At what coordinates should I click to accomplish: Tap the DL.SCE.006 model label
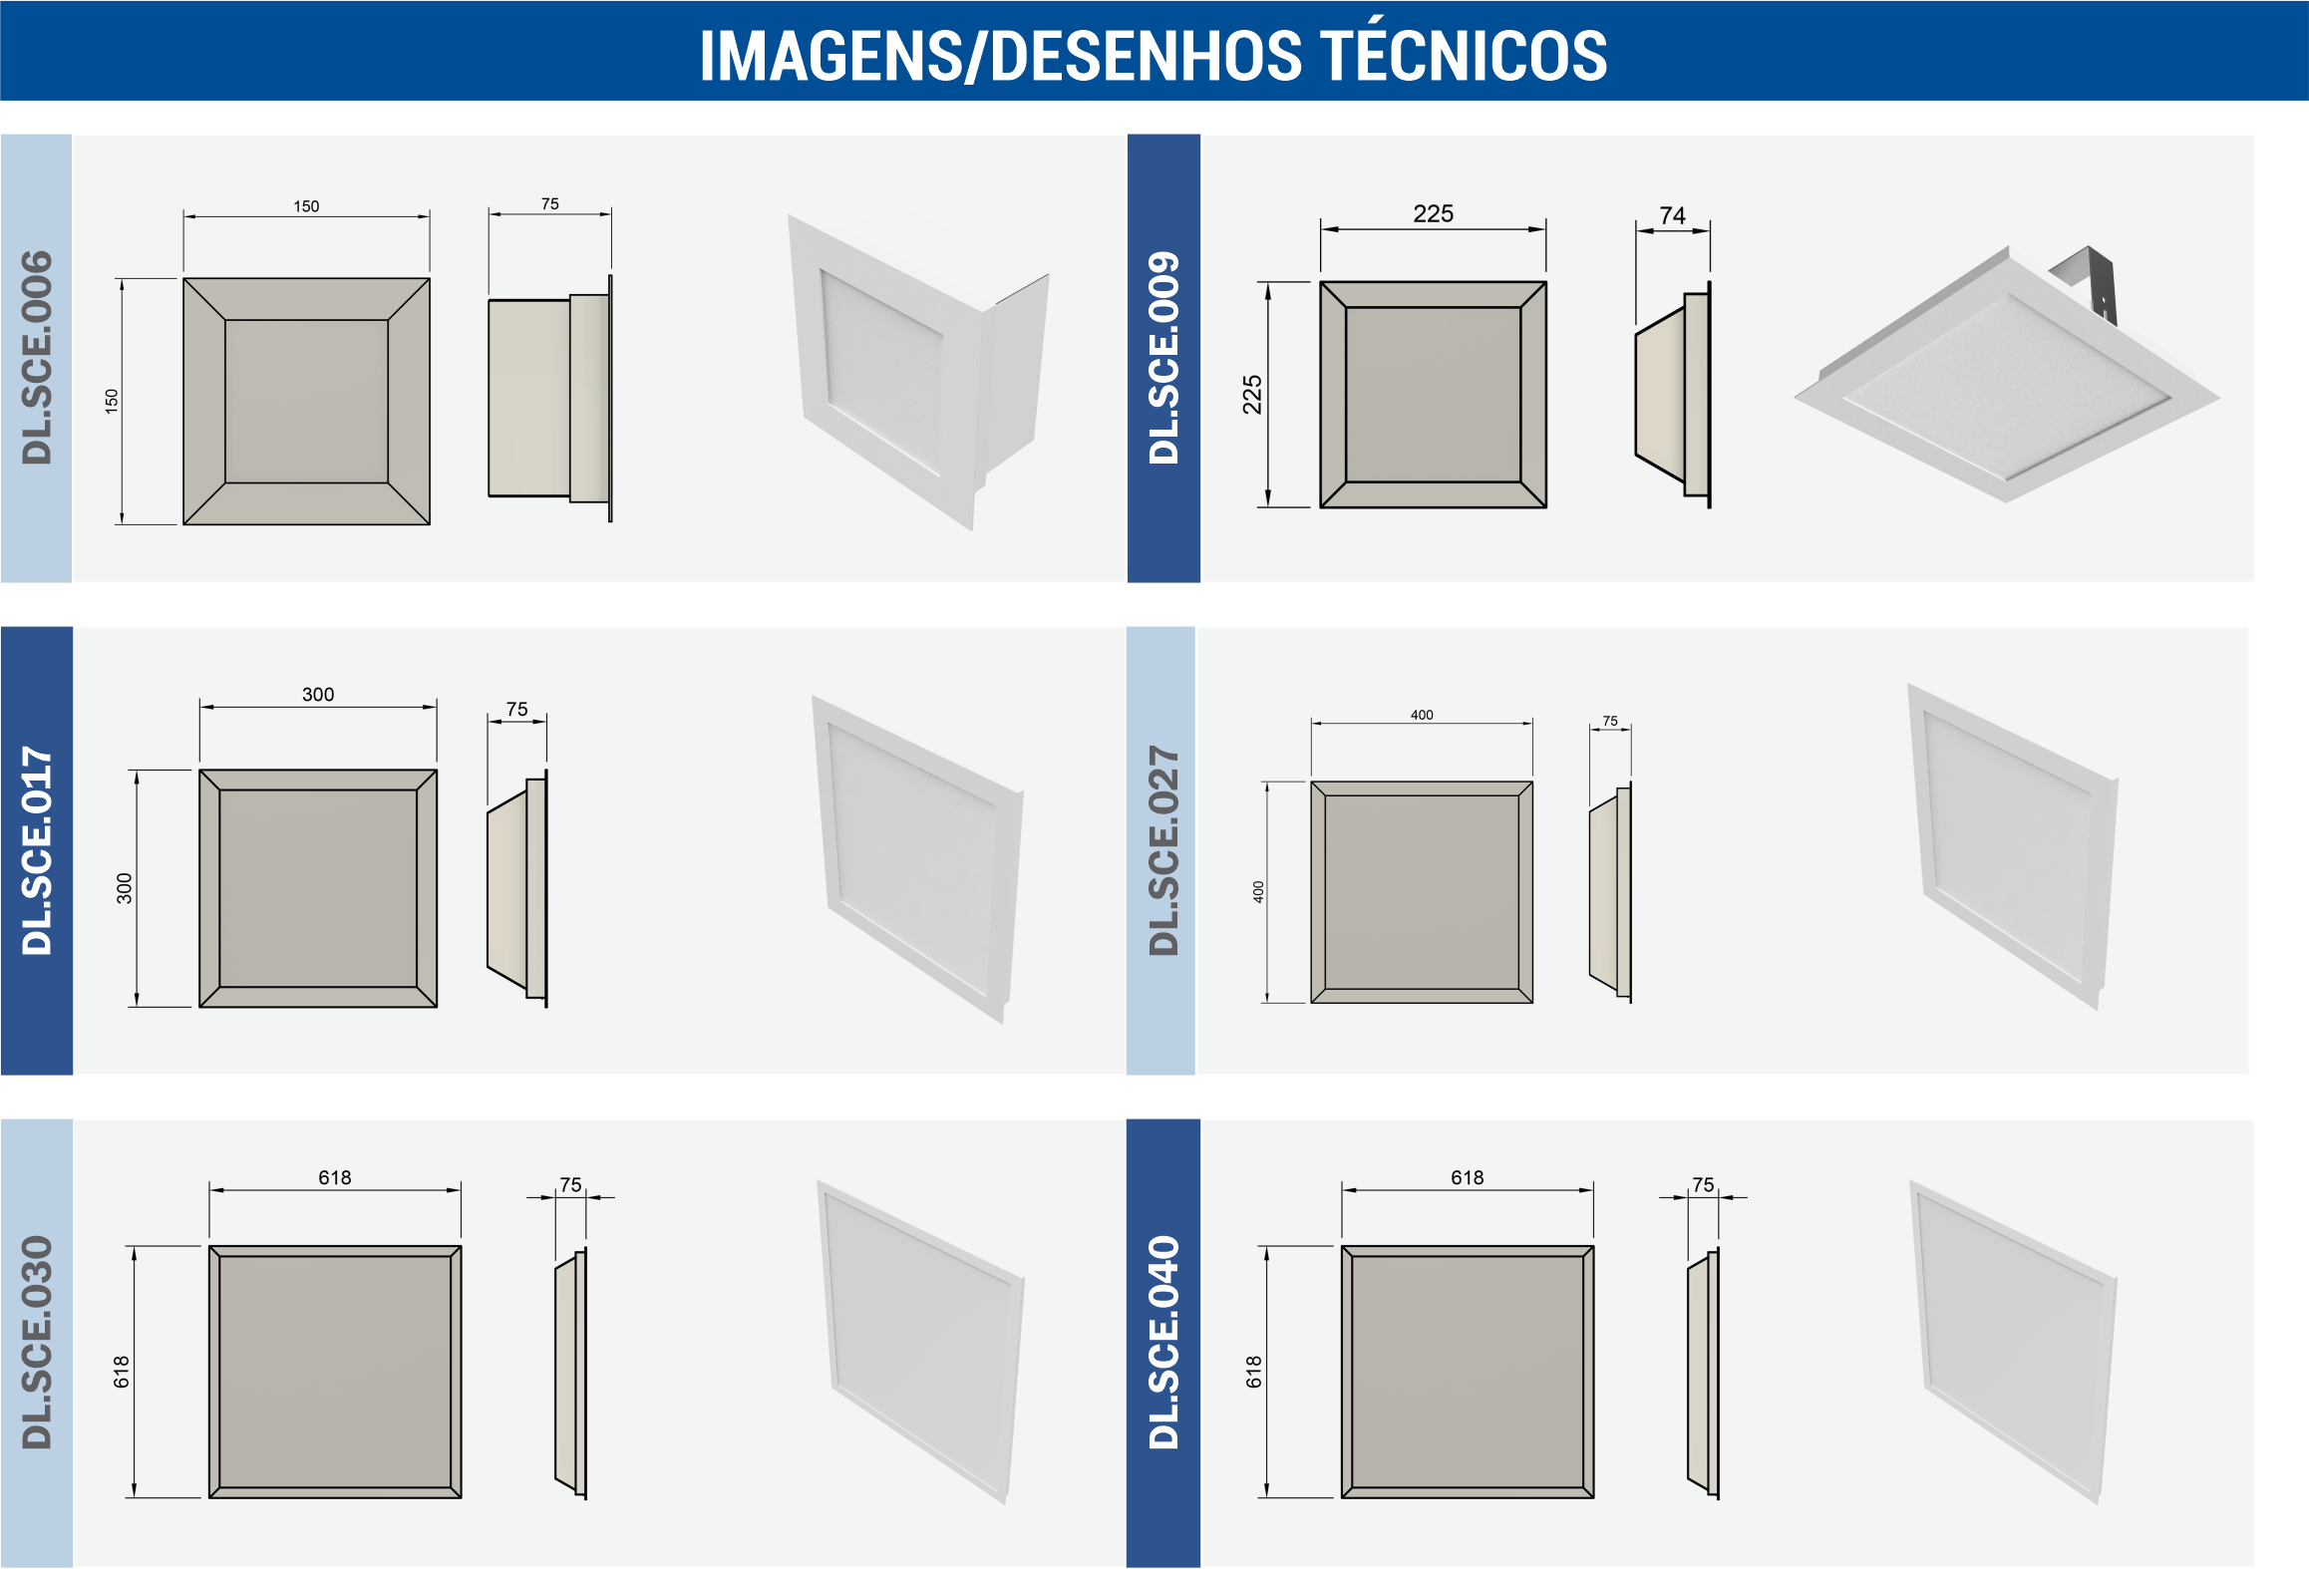click(37, 358)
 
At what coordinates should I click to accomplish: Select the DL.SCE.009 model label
click(1163, 358)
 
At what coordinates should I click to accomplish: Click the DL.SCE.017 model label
click(37, 850)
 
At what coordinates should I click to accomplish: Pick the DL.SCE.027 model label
click(1163, 850)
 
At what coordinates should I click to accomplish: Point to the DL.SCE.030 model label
click(37, 1342)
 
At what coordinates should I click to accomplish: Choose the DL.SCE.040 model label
click(1163, 1342)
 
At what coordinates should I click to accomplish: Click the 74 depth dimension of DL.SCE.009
click(1672, 215)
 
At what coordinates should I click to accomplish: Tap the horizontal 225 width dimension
click(1433, 213)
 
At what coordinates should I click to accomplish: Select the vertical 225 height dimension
click(1252, 395)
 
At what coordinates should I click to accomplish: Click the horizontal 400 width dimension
click(1422, 715)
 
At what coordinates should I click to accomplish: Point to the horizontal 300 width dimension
click(318, 694)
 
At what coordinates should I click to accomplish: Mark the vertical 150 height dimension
click(112, 401)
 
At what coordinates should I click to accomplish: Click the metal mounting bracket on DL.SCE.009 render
click(2086, 283)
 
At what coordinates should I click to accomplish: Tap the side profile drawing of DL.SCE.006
click(550, 398)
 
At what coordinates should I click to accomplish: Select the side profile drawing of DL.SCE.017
click(517, 888)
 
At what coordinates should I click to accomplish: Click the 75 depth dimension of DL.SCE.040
click(1703, 1184)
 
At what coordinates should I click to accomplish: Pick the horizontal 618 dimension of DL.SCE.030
click(335, 1177)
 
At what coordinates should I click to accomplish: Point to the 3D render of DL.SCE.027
click(2012, 847)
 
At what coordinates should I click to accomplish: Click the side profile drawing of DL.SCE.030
click(571, 1374)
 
